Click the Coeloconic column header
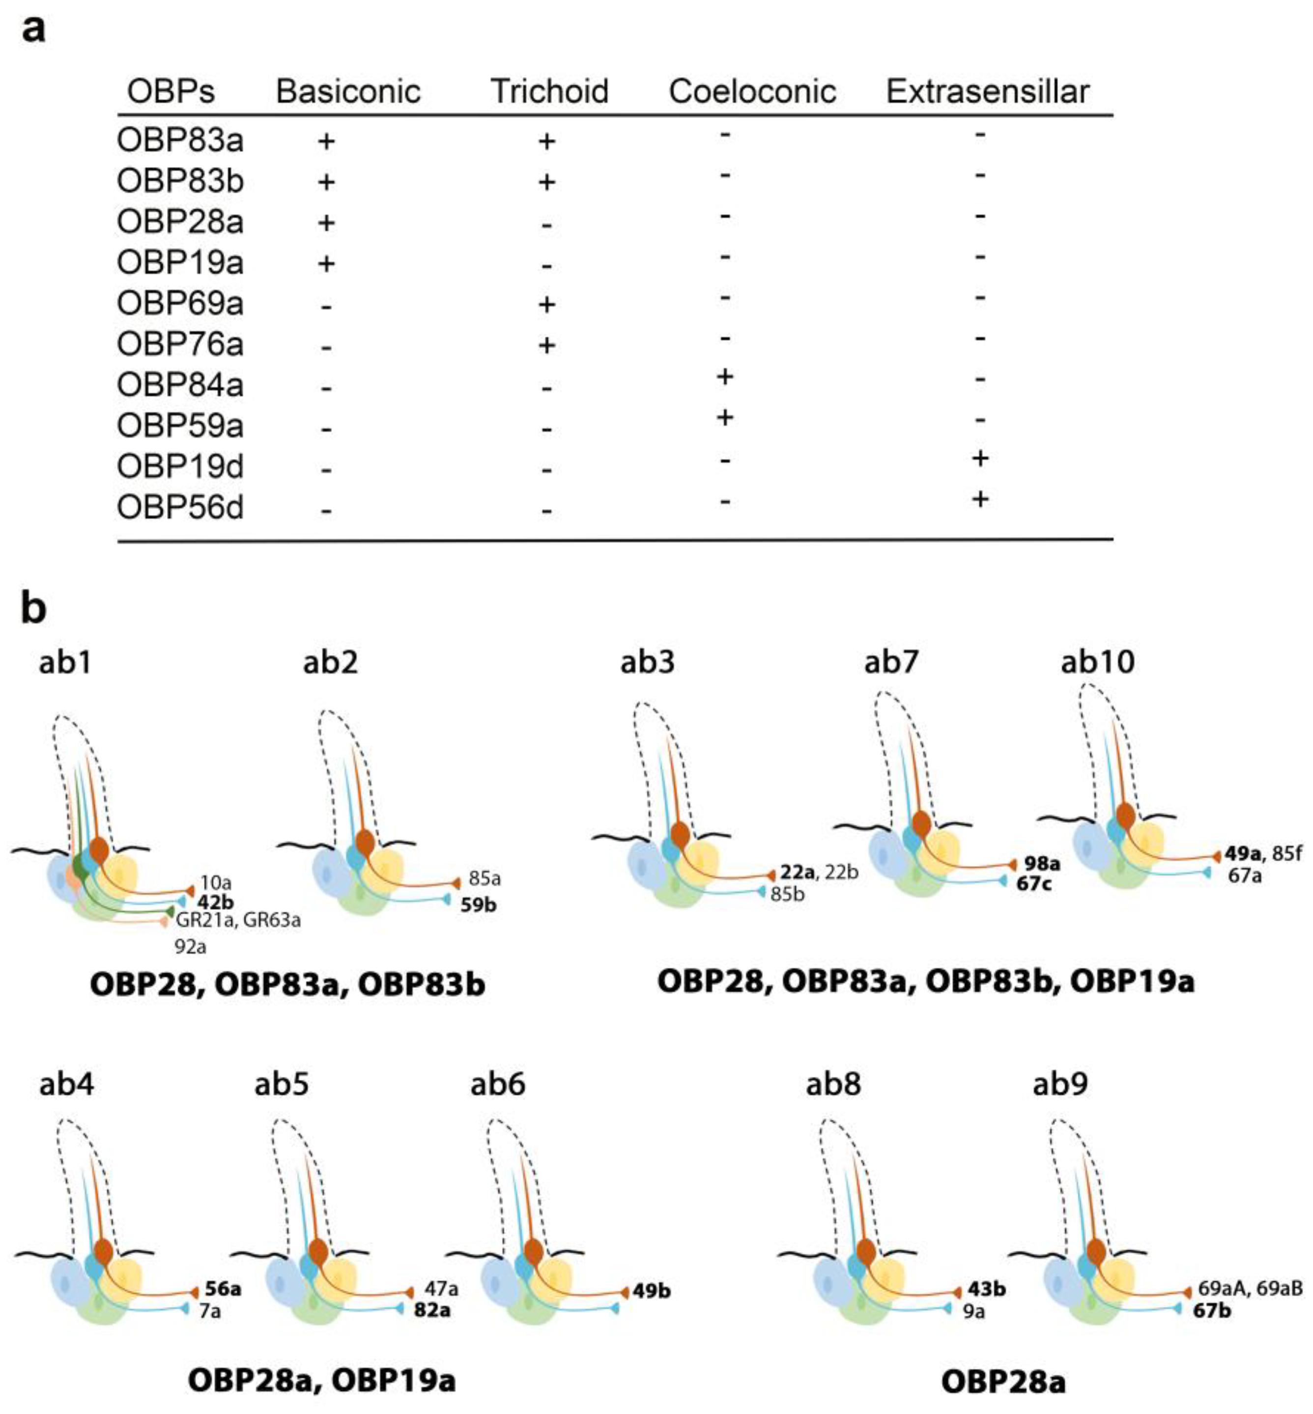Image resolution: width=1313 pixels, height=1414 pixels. click(752, 91)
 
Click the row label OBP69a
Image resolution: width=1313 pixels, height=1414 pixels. click(180, 303)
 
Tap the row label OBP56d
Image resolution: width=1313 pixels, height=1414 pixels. click(180, 507)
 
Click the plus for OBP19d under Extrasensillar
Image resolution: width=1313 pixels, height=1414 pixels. click(980, 459)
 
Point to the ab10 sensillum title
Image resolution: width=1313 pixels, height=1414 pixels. click(1098, 661)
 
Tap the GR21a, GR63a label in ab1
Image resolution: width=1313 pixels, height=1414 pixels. click(238, 920)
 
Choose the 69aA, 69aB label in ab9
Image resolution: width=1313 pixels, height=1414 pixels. click(1250, 1288)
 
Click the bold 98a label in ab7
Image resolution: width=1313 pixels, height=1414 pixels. click(1042, 864)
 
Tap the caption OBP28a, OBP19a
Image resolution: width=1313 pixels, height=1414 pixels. click(321, 1380)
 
